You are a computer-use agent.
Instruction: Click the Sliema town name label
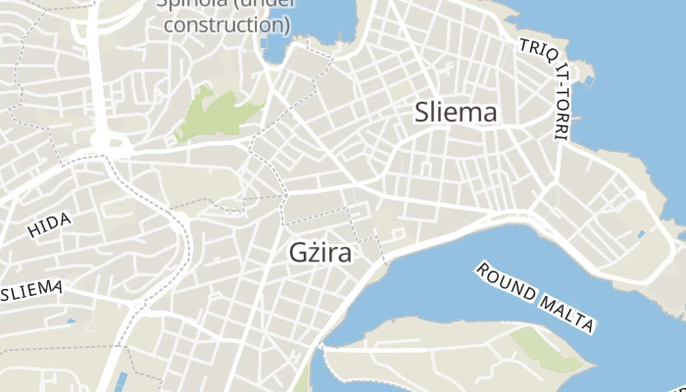click(456, 112)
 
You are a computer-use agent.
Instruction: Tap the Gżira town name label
click(320, 252)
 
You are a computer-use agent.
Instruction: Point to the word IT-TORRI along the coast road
click(562, 98)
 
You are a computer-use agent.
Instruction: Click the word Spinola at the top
click(188, 3)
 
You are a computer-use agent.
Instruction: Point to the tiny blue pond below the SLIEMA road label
click(71, 319)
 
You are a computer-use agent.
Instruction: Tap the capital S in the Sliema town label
click(422, 112)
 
